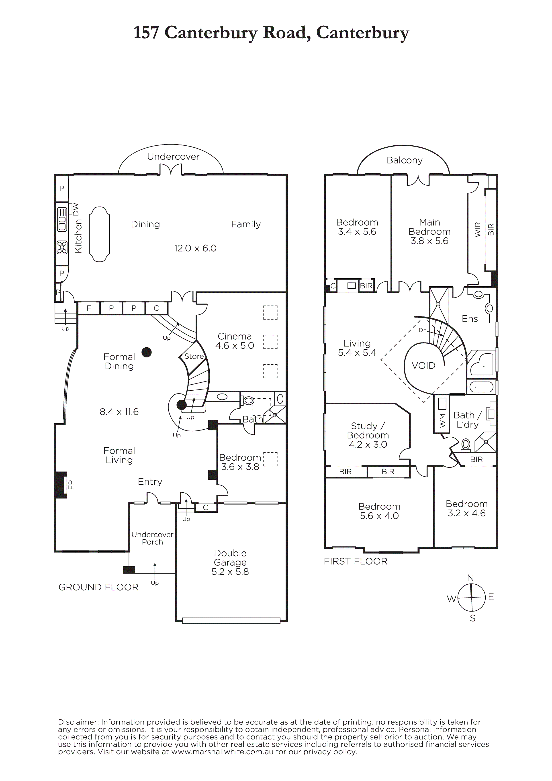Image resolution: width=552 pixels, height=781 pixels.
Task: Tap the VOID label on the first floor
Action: [423, 366]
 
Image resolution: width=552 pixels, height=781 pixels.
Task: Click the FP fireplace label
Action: [71, 484]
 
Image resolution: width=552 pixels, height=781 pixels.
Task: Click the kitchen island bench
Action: [99, 234]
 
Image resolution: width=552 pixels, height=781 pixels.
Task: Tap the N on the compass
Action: [471, 578]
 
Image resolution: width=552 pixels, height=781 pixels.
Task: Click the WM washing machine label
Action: [442, 423]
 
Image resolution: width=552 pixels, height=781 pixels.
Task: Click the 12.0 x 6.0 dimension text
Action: [195, 248]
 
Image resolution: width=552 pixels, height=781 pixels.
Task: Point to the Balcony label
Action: [405, 160]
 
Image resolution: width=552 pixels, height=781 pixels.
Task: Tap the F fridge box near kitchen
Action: [89, 308]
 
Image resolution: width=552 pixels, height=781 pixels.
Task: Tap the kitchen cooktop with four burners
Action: [62, 247]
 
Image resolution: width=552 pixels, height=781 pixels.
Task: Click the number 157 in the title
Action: [146, 33]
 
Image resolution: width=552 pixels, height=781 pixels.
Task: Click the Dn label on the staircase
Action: [423, 330]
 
